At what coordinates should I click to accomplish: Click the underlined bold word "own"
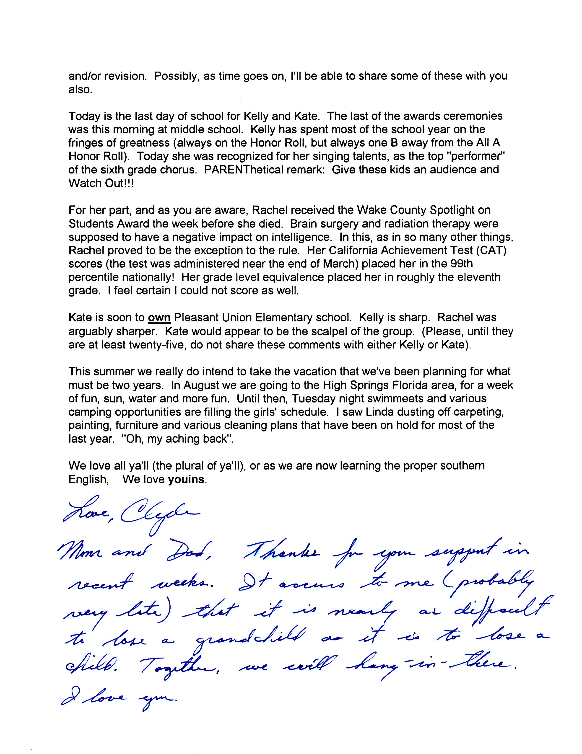(x=159, y=317)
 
